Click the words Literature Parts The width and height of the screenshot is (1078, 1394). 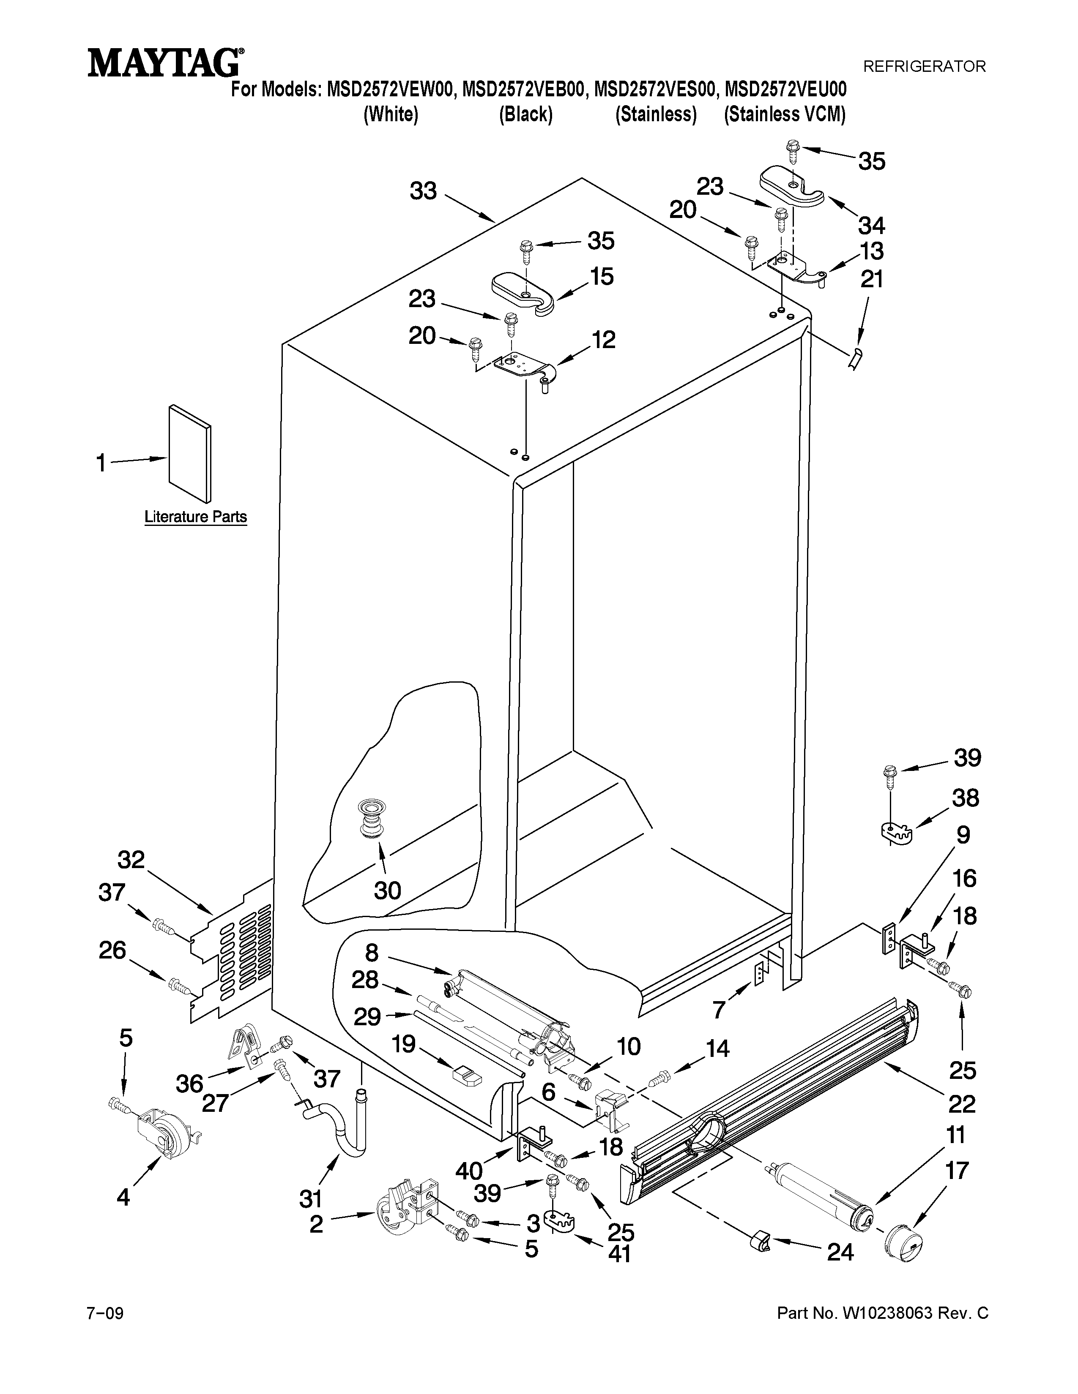pos(195,516)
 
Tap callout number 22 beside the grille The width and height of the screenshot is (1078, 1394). pos(962,1103)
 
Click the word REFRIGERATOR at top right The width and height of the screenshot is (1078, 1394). pos(924,66)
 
